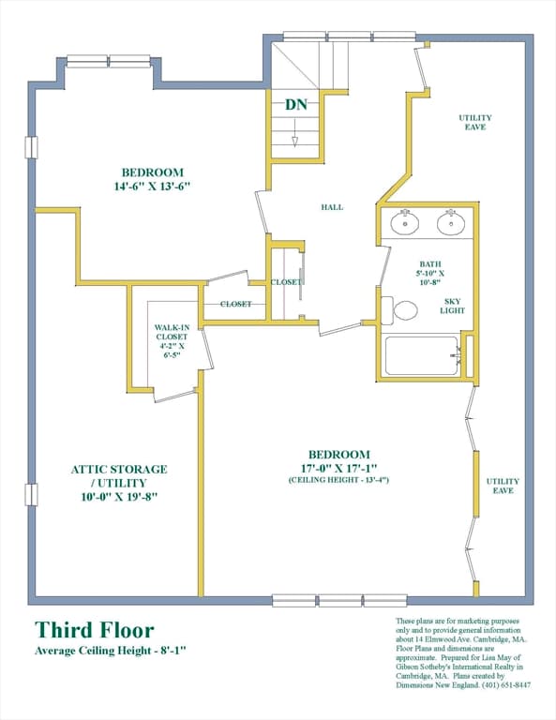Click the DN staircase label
tap(296, 105)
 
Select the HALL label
tap(332, 207)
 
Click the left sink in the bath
tap(405, 222)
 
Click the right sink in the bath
tap(451, 222)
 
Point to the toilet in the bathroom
tap(398, 309)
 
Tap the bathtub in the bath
tap(422, 355)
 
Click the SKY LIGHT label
tap(453, 306)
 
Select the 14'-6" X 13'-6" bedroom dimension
tap(152, 187)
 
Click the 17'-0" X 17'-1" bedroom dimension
tap(339, 469)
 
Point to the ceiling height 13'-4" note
tap(338, 480)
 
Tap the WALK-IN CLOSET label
tap(172, 332)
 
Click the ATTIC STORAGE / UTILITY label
tap(119, 476)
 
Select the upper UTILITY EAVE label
tap(475, 122)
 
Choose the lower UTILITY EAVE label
tap(503, 486)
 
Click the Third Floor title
tap(95, 630)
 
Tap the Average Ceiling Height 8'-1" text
tap(112, 651)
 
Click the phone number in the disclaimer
tap(506, 685)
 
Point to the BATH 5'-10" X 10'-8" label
tap(430, 273)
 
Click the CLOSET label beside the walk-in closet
tap(236, 304)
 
